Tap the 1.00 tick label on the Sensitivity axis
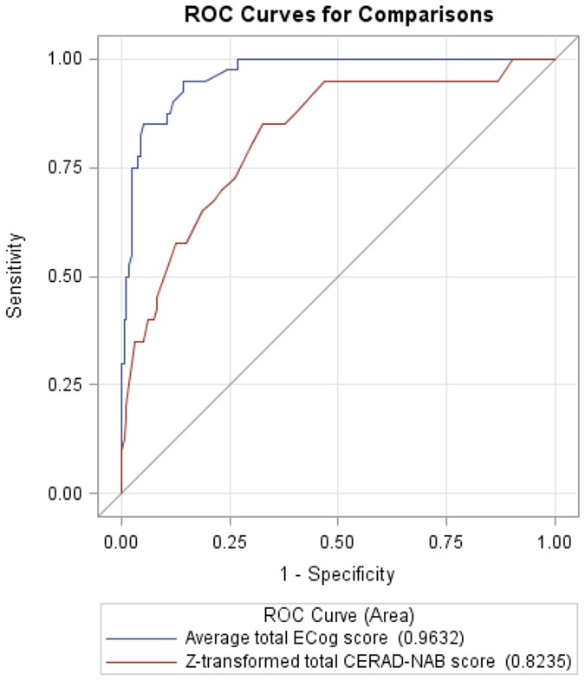(68, 59)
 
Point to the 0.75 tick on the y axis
(68, 167)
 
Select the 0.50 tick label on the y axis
(68, 277)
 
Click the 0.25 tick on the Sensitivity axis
(68, 385)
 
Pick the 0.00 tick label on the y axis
(68, 494)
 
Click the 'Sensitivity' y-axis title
(15, 275)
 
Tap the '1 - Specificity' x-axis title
(338, 573)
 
